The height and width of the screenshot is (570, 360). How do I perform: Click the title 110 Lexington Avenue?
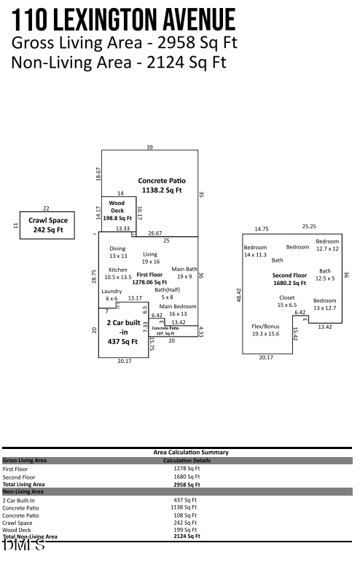pyautogui.click(x=124, y=19)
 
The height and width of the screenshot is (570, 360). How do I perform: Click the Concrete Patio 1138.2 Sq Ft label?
pyautogui.click(x=162, y=185)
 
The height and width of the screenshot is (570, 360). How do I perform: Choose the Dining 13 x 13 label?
pyautogui.click(x=118, y=252)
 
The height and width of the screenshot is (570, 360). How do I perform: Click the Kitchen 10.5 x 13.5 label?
pyautogui.click(x=118, y=273)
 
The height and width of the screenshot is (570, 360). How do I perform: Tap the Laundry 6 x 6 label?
pyautogui.click(x=111, y=294)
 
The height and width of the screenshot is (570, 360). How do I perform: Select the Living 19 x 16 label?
pyautogui.click(x=150, y=257)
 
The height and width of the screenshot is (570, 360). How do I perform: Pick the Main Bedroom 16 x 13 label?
pyautogui.click(x=179, y=310)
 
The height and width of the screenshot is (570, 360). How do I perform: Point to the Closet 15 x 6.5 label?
pyautogui.click(x=286, y=300)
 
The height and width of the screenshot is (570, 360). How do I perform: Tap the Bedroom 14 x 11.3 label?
pyautogui.click(x=255, y=251)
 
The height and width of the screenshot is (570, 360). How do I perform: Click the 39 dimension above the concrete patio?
pyautogui.click(x=149, y=147)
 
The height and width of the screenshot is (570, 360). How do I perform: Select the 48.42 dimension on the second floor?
pyautogui.click(x=238, y=294)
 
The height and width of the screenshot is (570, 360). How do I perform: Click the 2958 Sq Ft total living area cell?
pyautogui.click(x=187, y=484)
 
